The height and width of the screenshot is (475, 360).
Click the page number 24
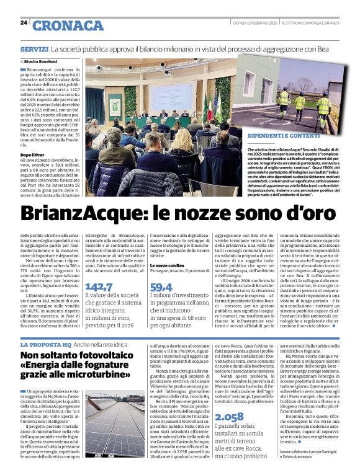[24, 22]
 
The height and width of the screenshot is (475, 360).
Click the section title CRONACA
[68, 25]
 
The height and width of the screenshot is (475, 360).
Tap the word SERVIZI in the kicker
[34, 48]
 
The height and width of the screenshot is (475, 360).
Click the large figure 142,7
[99, 286]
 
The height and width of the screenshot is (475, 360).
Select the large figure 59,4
[161, 286]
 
